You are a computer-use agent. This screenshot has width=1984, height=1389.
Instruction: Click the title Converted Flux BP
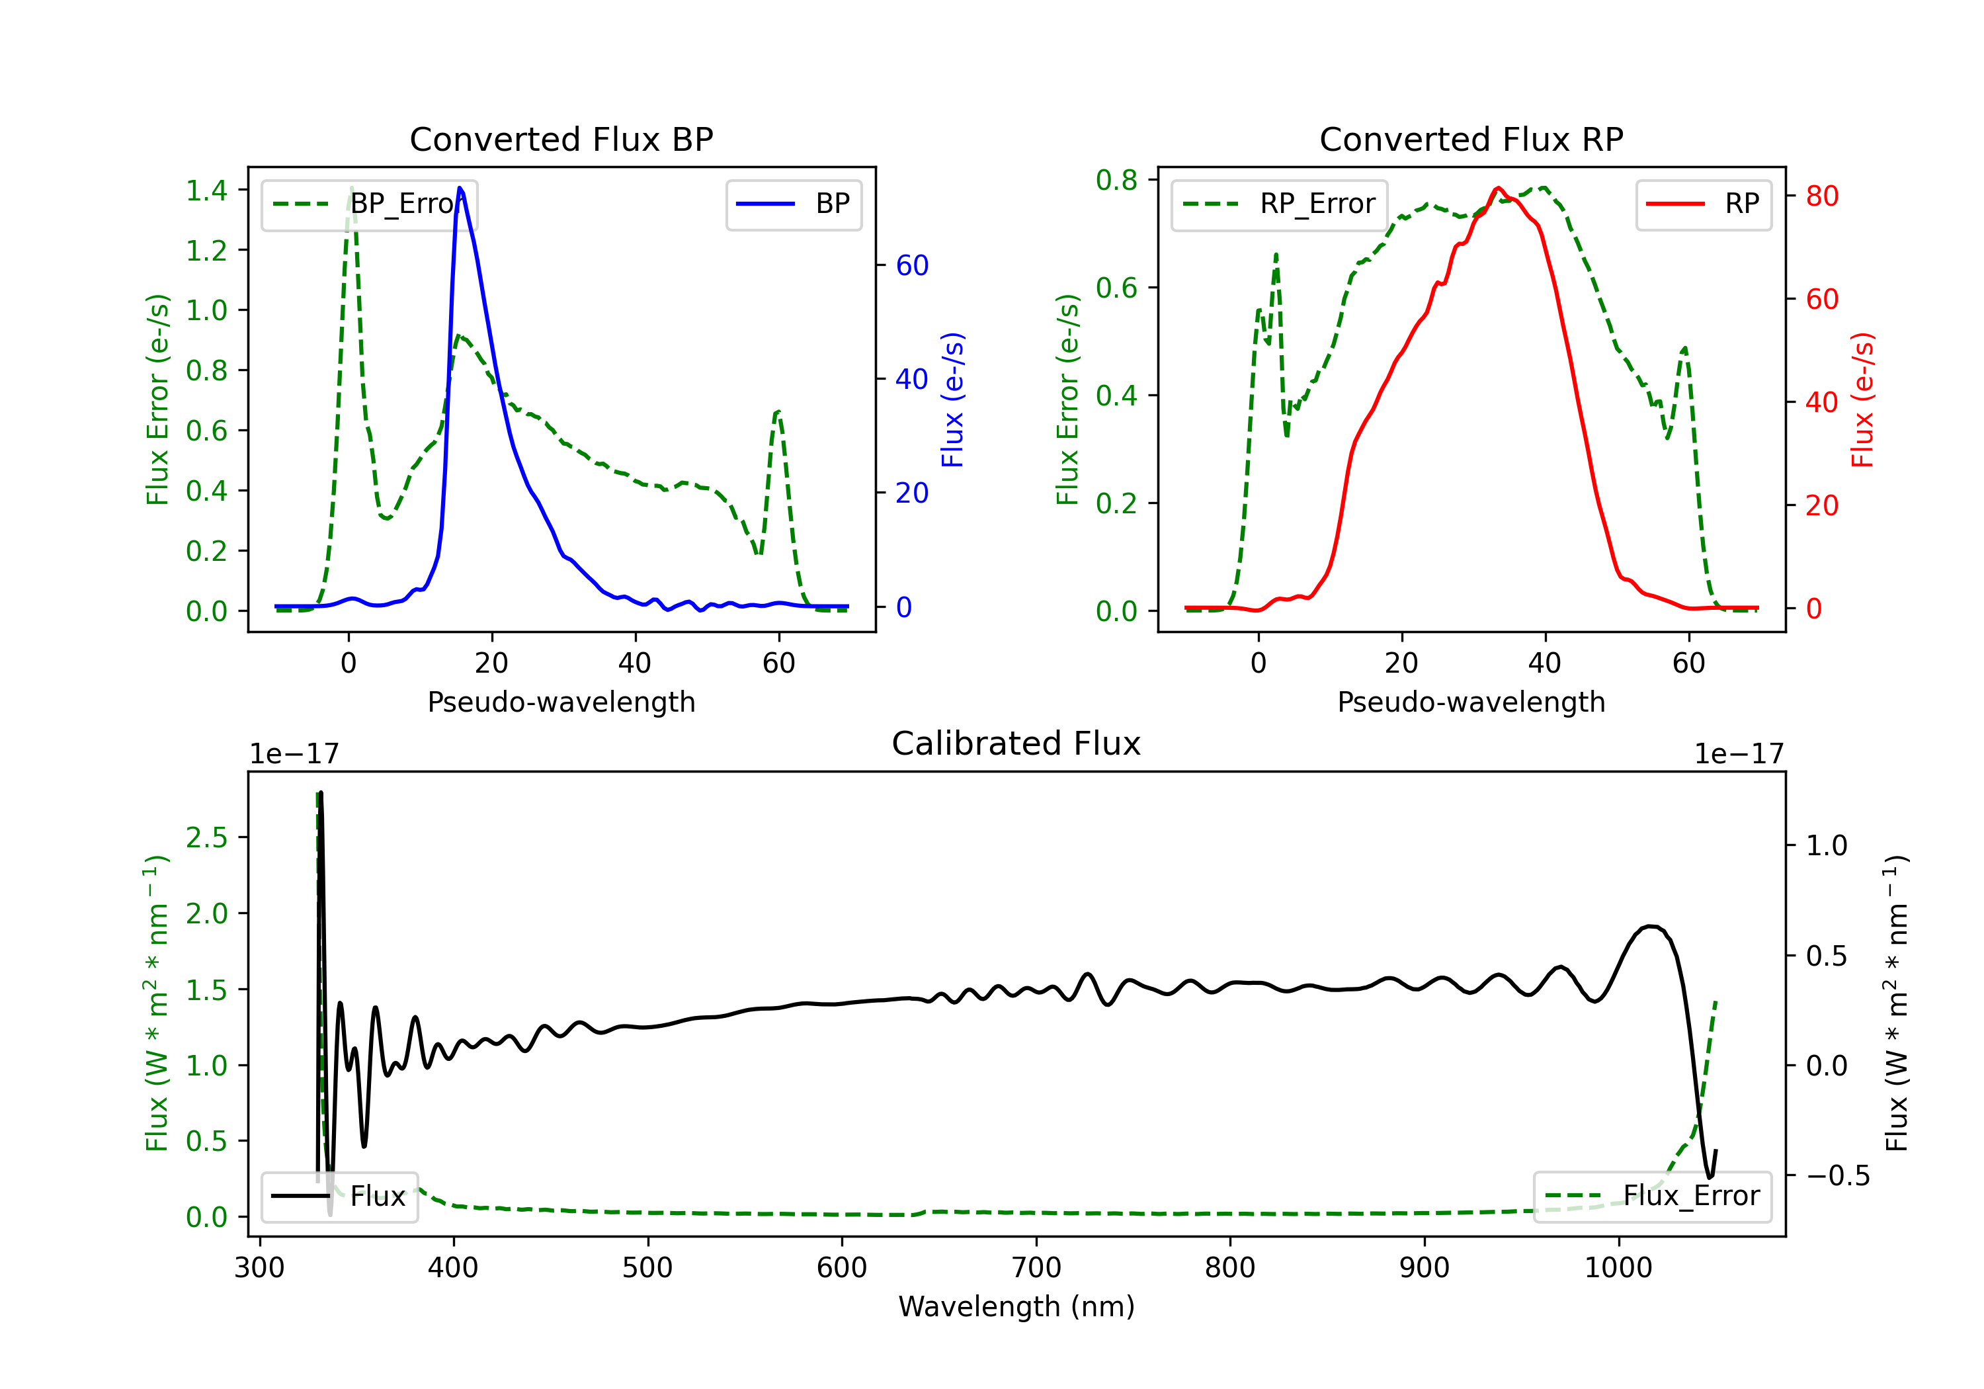(x=561, y=139)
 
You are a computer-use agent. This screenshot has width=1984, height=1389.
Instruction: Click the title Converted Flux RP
(x=1471, y=139)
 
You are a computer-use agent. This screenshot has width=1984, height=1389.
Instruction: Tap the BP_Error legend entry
(x=369, y=204)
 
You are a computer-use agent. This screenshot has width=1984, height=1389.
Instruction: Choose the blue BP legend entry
(x=793, y=204)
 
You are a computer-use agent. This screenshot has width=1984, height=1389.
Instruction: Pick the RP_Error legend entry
(x=1279, y=204)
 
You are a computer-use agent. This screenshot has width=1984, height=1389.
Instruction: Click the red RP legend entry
(x=1703, y=204)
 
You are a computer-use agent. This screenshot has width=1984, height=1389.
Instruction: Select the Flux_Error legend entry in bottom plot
(x=1651, y=1197)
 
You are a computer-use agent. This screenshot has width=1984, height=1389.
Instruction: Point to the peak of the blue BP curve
(x=460, y=188)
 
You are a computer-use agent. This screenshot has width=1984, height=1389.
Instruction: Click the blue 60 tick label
(x=911, y=265)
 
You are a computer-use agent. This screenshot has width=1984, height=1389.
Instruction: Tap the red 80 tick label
(x=1821, y=196)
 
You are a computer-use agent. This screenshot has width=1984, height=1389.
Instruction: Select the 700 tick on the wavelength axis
(x=1035, y=1268)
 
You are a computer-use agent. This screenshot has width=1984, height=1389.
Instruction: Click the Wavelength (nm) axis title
(x=1016, y=1306)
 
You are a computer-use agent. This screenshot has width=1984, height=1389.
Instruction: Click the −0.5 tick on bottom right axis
(x=1838, y=1175)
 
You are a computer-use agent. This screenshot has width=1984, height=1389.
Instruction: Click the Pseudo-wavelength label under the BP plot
(x=561, y=702)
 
